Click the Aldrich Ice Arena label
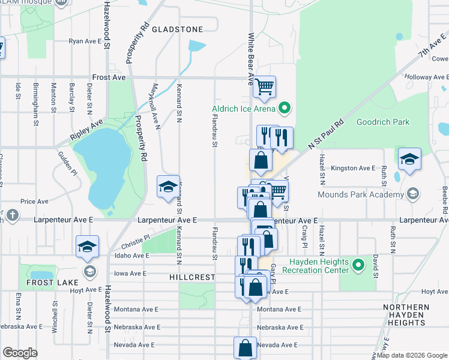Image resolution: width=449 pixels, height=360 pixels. tap(243, 109)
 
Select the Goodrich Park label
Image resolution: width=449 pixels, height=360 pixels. tap(383, 122)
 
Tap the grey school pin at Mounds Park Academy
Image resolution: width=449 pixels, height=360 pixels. tap(413, 193)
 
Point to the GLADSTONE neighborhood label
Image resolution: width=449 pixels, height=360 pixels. tap(176, 29)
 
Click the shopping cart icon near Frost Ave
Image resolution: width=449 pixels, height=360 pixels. tap(264, 86)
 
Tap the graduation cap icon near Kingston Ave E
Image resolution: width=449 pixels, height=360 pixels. tap(409, 158)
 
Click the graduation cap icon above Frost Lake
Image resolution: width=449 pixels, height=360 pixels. tap(88, 246)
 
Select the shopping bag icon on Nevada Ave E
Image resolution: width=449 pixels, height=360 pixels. tap(245, 347)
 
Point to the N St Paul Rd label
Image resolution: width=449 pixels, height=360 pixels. tap(325, 134)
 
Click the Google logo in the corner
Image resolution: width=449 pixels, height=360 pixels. tap(20, 353)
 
